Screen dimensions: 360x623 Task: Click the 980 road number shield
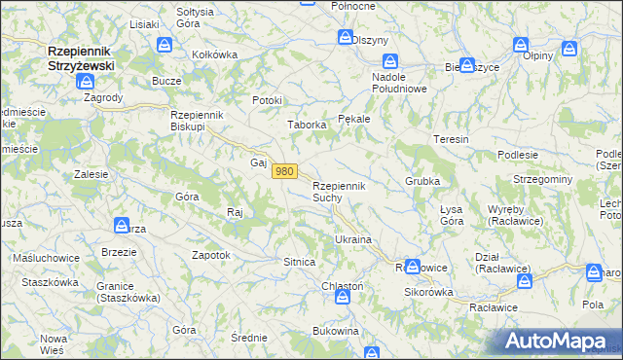(x=283, y=171)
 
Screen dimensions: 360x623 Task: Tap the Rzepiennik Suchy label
(x=338, y=191)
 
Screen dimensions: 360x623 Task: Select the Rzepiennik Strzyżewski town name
(x=81, y=57)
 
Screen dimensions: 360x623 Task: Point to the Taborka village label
(x=305, y=125)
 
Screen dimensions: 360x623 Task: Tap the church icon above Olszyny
(x=346, y=37)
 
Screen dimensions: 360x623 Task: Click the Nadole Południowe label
(x=401, y=82)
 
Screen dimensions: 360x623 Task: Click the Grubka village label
(x=423, y=182)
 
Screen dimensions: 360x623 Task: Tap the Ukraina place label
(x=354, y=238)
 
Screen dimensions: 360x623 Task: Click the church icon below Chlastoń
(x=343, y=299)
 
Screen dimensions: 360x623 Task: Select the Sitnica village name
(x=299, y=263)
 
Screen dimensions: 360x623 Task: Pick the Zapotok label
(x=211, y=255)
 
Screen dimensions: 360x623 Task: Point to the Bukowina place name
(x=336, y=331)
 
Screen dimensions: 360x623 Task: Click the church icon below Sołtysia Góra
(x=165, y=45)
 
